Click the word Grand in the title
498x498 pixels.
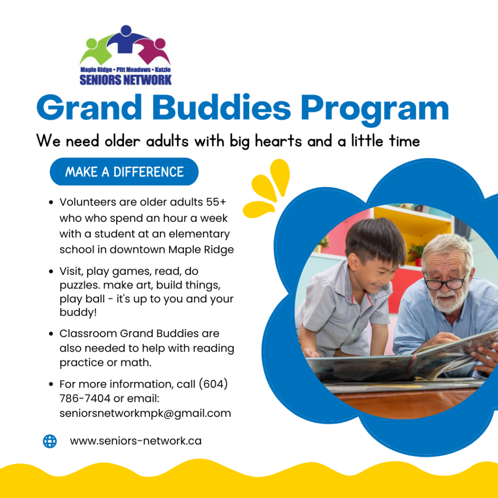coord(89,107)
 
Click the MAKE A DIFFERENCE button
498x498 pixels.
coord(124,172)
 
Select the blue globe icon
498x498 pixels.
coord(50,441)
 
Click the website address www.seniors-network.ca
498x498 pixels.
coord(136,441)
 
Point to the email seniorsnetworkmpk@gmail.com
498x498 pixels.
coord(145,413)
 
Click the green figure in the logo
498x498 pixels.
coord(96,50)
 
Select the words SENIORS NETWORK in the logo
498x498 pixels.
coord(125,80)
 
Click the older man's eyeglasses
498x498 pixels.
coord(446,283)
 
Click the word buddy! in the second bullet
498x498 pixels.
coord(78,312)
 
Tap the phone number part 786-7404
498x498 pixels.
coord(85,398)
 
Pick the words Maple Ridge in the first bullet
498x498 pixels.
coord(201,249)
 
